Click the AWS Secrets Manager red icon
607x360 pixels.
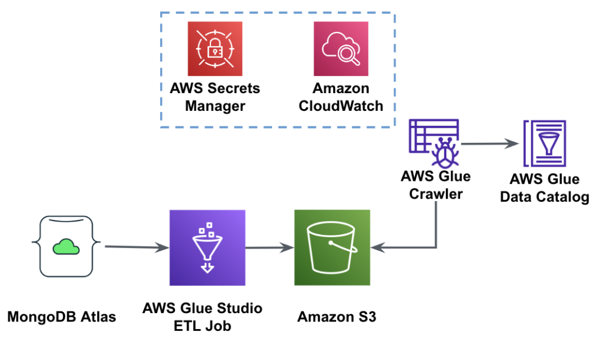(215, 49)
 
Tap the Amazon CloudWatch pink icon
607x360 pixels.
(341, 49)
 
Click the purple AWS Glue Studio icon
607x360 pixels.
(207, 247)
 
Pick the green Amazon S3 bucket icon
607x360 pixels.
(332, 247)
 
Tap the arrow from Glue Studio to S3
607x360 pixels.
(270, 247)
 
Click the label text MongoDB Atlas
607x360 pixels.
(62, 317)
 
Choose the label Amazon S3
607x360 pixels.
(337, 317)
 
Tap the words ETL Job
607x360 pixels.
(202, 326)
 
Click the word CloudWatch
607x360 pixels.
(341, 106)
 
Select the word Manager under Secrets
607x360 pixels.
(215, 106)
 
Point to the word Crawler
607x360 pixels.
(436, 194)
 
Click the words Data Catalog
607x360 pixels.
(545, 197)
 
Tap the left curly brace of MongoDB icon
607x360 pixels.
(37, 245)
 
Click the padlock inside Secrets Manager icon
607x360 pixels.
(215, 49)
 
